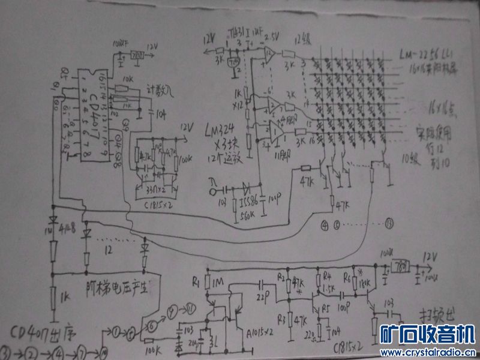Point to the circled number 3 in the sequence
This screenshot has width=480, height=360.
click(x=7, y=350)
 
